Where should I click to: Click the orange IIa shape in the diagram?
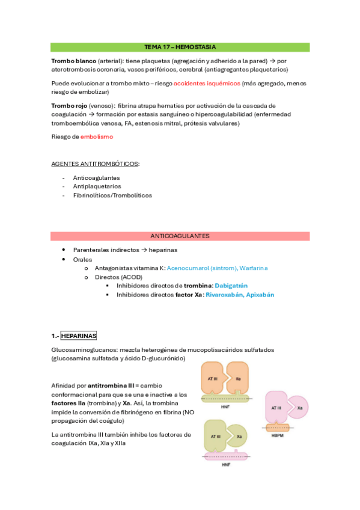coord(237,379)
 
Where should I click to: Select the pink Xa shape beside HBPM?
coord(297,407)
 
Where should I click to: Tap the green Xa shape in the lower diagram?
coord(239,436)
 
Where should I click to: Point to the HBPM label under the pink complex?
coord(276,434)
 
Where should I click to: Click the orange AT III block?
coord(212,379)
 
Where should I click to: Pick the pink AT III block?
coord(276,407)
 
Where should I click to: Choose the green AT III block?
coord(215,436)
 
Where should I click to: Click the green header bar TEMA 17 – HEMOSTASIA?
coord(180,47)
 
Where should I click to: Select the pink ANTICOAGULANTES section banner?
coord(180,236)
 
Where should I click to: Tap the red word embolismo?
coord(96,137)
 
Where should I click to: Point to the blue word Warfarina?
coord(252,267)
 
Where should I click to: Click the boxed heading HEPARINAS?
coord(79,336)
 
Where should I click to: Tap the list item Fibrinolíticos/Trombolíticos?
coord(112,195)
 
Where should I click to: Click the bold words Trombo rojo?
coord(69,106)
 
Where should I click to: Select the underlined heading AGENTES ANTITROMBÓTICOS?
coord(95,164)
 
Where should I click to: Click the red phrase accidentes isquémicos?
coord(206,83)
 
